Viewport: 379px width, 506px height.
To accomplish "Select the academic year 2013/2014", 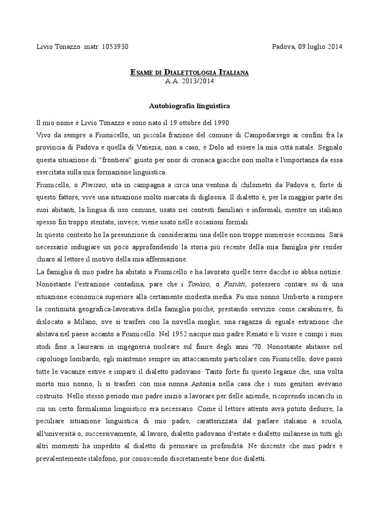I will click(x=190, y=82).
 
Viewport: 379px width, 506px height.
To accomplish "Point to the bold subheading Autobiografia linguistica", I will click(x=189, y=106).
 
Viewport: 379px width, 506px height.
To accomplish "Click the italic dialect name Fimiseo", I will click(x=95, y=184).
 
